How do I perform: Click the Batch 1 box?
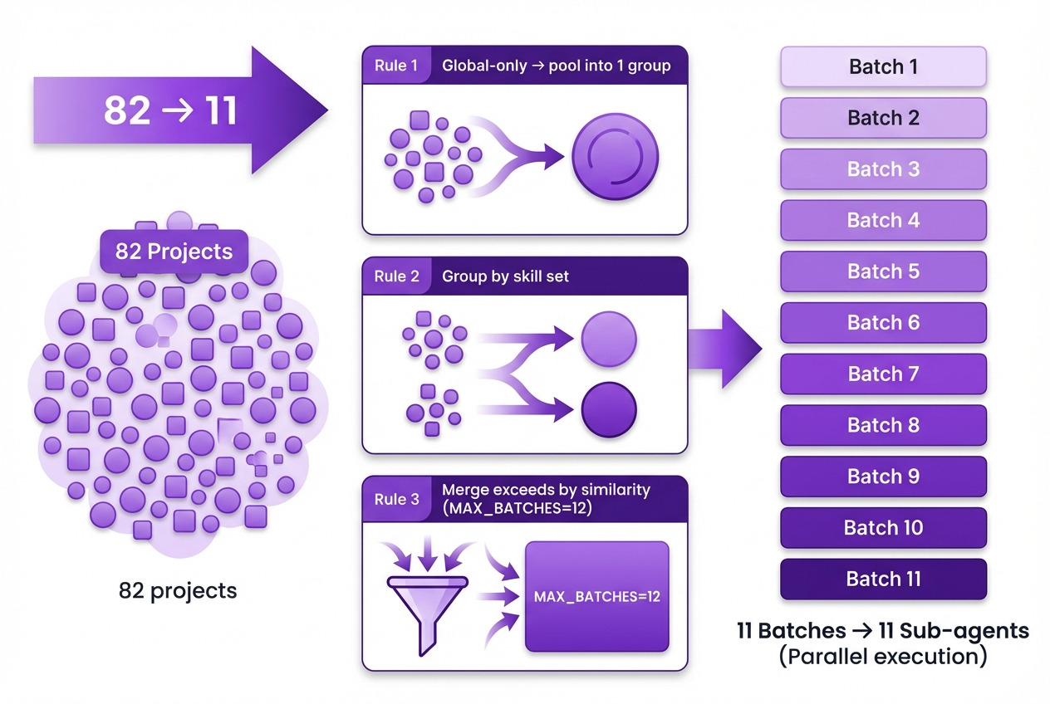883,66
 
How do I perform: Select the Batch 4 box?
883,221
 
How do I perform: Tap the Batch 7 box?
883,374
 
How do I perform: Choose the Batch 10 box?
883,528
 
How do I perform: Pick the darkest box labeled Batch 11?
883,579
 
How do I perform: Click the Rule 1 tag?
396,66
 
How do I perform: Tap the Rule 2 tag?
396,276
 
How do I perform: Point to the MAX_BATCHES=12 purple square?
597,596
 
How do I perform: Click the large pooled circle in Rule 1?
615,155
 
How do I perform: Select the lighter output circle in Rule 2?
609,340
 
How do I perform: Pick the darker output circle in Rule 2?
609,409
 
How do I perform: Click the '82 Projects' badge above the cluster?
174,252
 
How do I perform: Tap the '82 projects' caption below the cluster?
178,591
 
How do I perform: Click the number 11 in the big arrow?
221,110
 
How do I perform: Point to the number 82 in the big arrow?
127,110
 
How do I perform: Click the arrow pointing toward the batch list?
724,349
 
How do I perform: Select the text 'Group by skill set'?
505,276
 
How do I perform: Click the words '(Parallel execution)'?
883,657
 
